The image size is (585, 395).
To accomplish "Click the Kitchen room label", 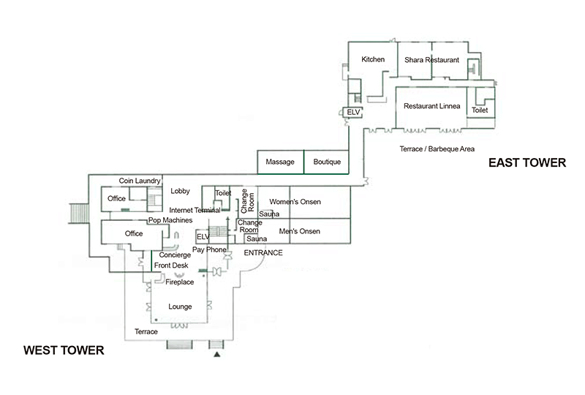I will (x=373, y=59).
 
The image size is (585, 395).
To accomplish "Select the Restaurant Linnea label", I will (x=432, y=106).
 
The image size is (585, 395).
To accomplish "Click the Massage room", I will (x=280, y=162).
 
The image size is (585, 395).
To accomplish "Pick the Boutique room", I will (x=328, y=162).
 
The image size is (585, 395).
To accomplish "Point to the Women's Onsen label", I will (x=295, y=201).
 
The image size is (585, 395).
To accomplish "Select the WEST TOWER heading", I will (x=64, y=350).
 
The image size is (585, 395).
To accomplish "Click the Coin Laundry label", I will (x=140, y=181).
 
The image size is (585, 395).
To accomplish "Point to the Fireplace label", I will (x=180, y=282).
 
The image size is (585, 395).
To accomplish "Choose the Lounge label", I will (x=180, y=306).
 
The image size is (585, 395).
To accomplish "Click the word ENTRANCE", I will (x=263, y=252).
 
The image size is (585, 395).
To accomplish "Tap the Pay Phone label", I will (x=209, y=249).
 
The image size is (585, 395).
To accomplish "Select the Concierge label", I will (x=175, y=255).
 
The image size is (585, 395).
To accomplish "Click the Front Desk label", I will (x=171, y=266).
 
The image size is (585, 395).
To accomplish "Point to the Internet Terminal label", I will (x=195, y=210).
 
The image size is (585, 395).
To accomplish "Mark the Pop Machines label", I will (x=170, y=220).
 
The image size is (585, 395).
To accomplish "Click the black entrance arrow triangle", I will (x=216, y=355).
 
